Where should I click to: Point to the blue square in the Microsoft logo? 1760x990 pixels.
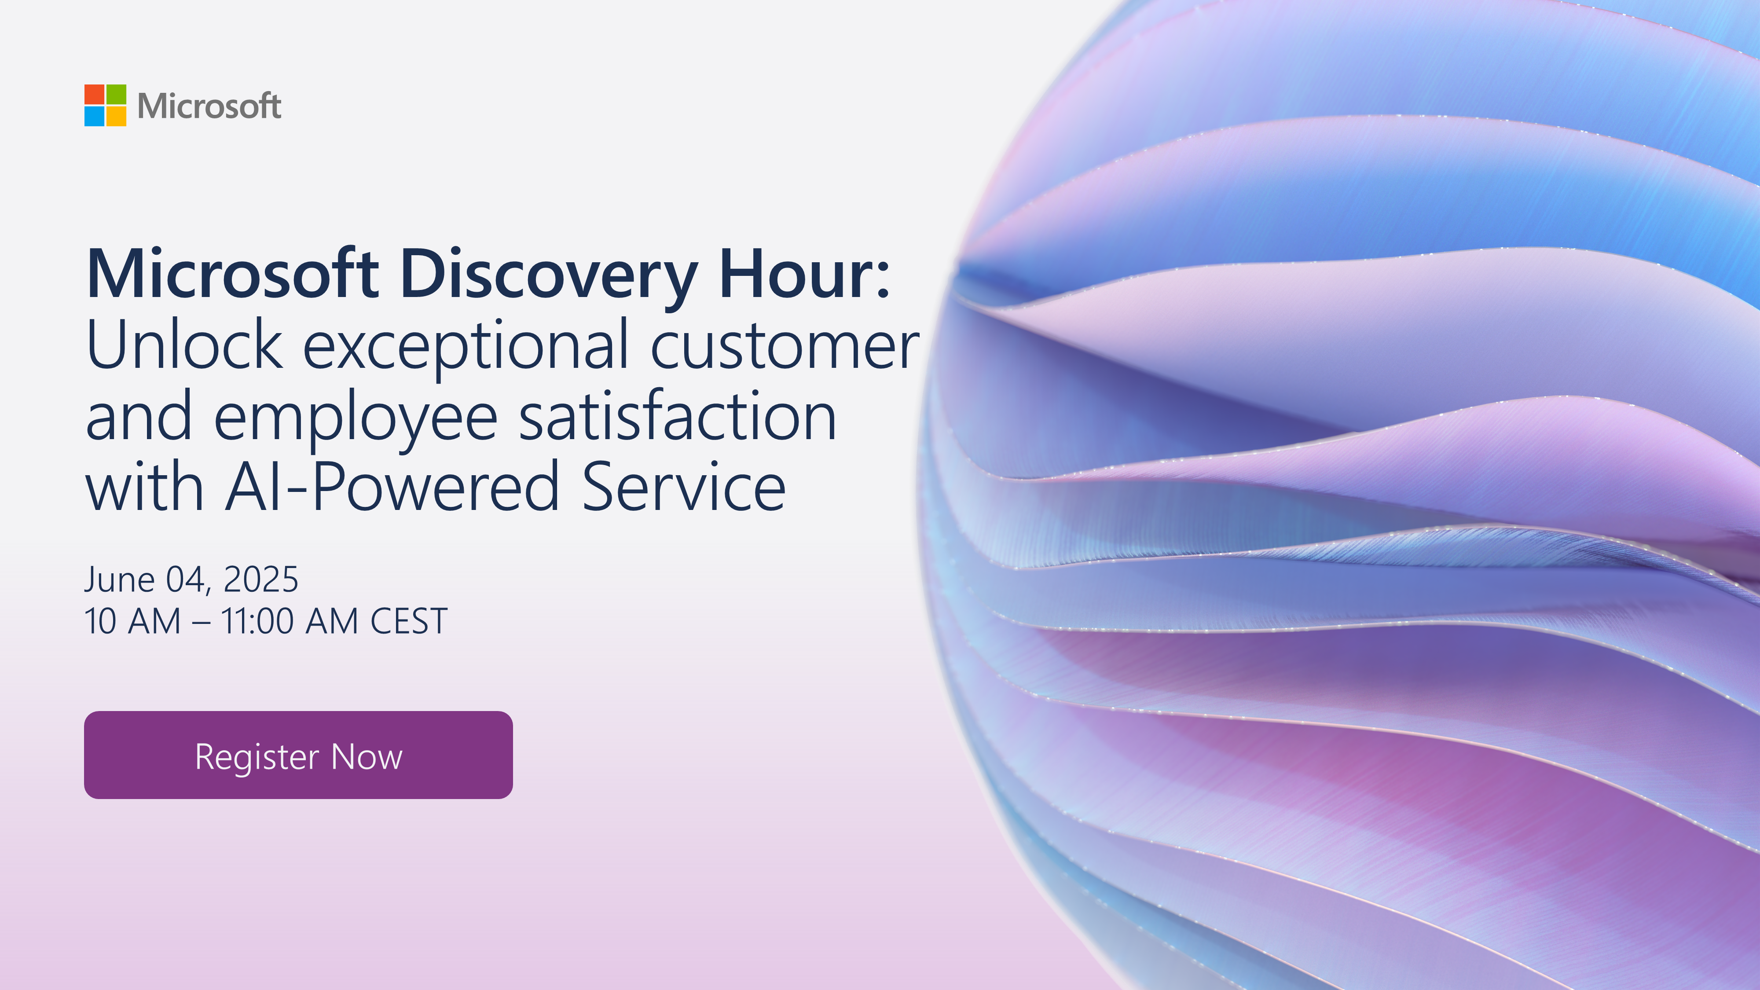[x=94, y=116]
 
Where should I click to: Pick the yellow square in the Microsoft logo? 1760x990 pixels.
[x=116, y=116]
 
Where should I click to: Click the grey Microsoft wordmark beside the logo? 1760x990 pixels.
[x=209, y=106]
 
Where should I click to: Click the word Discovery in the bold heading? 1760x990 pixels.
[x=549, y=276]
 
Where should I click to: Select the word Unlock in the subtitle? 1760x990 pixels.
[x=184, y=345]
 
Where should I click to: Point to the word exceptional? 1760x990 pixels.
[x=465, y=348]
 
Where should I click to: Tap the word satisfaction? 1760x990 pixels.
[x=678, y=415]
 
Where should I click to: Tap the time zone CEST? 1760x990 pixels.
[x=409, y=621]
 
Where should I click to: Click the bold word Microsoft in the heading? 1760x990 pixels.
[x=232, y=273]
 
